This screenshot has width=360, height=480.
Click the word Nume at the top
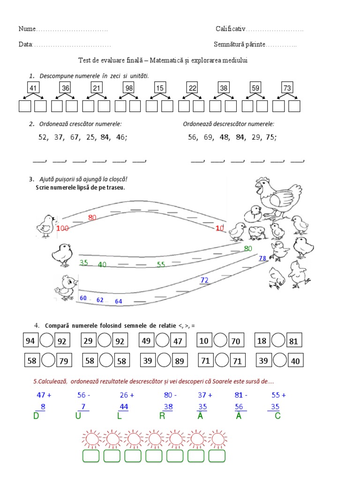tap(27, 29)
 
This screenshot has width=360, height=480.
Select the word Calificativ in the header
tap(231, 29)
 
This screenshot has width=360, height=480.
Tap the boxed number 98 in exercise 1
tap(128, 88)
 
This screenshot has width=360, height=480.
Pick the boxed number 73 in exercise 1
tap(287, 88)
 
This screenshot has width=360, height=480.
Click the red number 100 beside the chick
tap(62, 228)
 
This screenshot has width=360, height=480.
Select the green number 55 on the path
tap(161, 265)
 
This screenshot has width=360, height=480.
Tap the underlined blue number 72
tap(204, 280)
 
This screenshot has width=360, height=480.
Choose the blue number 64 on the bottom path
tap(119, 301)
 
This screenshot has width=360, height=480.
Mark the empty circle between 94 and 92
tap(46, 341)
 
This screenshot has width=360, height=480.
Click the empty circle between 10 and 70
tap(220, 341)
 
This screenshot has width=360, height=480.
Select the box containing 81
tap(293, 341)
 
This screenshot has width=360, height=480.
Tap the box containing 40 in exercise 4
tap(295, 361)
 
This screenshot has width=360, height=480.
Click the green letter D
tap(36, 416)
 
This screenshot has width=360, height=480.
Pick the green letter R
tap(162, 416)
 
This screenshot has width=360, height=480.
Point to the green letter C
tap(277, 416)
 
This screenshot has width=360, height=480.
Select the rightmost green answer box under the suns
tap(217, 456)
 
